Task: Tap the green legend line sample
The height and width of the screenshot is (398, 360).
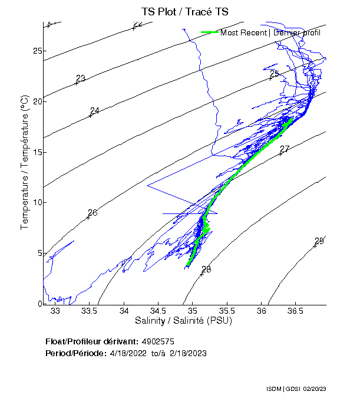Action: point(210,32)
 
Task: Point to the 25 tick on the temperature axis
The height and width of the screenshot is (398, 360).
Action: point(37,51)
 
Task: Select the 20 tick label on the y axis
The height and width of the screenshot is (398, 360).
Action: point(37,101)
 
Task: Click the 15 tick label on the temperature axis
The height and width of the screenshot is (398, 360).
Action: point(37,152)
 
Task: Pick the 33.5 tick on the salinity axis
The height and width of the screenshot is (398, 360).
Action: point(90,310)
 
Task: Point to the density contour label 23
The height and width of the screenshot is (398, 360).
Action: point(81,78)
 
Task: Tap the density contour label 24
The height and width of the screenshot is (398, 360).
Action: point(95,111)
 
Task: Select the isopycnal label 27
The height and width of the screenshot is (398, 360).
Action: point(285,149)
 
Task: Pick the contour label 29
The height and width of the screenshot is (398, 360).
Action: point(319,241)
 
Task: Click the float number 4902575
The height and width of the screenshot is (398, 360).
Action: point(157,341)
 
